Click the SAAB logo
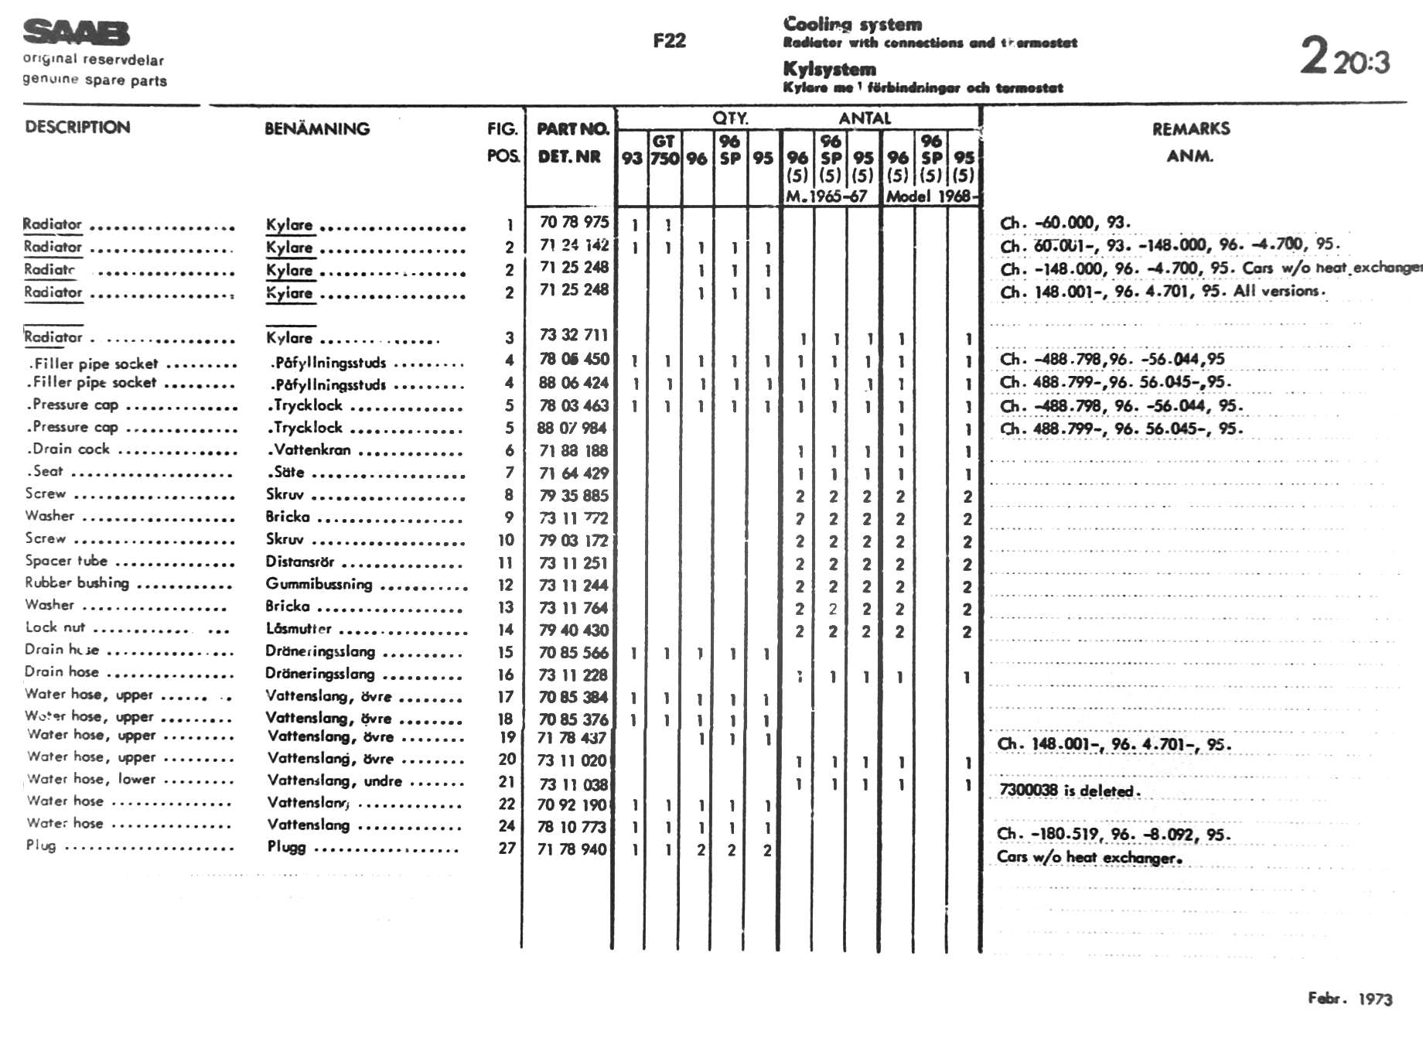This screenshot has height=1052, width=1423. (x=76, y=32)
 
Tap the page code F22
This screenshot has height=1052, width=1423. (x=669, y=41)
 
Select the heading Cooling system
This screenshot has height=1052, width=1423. (x=852, y=24)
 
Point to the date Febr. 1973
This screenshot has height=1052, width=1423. (x=1350, y=998)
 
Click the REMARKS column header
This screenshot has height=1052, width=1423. (x=1190, y=129)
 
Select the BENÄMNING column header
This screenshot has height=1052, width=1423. (x=317, y=128)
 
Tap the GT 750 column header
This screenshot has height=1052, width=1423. (x=664, y=150)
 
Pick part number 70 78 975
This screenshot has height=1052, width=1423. (x=574, y=223)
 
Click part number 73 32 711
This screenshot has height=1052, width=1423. (x=574, y=335)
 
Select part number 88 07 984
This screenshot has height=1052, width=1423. (x=572, y=428)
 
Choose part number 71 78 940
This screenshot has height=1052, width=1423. (x=572, y=849)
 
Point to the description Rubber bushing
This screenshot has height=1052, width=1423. (x=77, y=583)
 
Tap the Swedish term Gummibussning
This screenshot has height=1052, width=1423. (x=319, y=584)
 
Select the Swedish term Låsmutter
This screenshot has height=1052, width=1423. (x=299, y=629)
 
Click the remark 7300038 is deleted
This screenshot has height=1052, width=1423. (x=1067, y=791)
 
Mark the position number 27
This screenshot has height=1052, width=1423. (x=507, y=849)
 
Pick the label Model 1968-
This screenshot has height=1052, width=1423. (x=930, y=196)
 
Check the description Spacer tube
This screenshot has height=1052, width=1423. (x=67, y=561)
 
